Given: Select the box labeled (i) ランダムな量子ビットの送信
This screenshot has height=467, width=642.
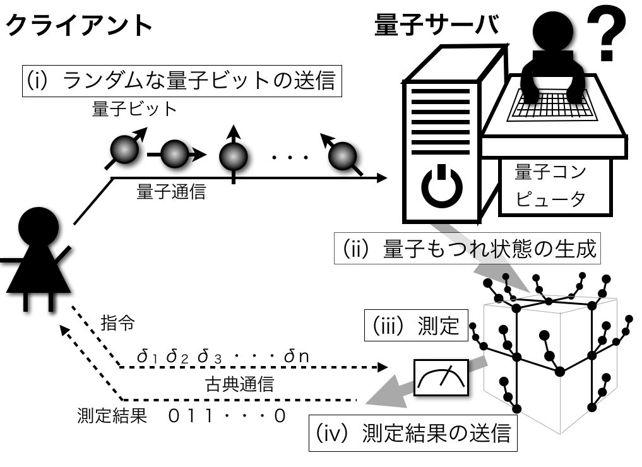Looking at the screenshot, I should (181, 81).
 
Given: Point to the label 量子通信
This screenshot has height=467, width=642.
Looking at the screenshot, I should (172, 192).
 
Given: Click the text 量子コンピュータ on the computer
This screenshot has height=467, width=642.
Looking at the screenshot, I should (549, 186).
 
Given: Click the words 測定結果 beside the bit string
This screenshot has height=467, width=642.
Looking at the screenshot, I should (111, 415).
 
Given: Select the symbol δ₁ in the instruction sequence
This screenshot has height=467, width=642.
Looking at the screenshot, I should (149, 357).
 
